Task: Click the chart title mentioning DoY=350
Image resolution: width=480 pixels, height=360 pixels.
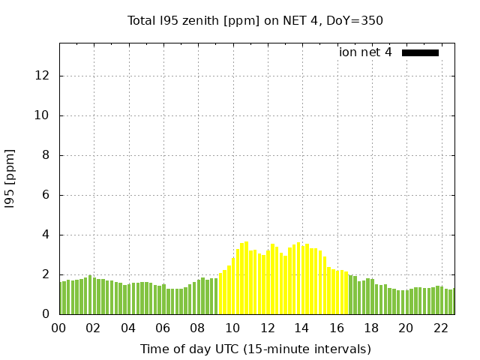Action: pyautogui.click(x=255, y=20)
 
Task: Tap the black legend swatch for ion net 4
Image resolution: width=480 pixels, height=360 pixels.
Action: pyautogui.click(x=420, y=52)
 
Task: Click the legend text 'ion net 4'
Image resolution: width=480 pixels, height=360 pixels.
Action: pyautogui.click(x=365, y=52)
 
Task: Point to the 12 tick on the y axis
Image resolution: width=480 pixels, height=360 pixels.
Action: pyautogui.click(x=43, y=76)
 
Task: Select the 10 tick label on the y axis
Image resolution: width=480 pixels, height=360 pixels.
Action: pyautogui.click(x=43, y=115)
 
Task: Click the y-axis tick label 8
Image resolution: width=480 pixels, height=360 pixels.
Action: pyautogui.click(x=46, y=155)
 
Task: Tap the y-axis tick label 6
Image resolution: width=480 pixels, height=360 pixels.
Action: pyautogui.click(x=46, y=195)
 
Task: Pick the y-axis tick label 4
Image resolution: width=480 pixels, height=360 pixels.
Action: pyautogui.click(x=46, y=235)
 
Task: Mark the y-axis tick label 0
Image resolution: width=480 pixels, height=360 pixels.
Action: pyautogui.click(x=46, y=314)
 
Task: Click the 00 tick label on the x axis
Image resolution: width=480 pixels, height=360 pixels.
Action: pyautogui.click(x=59, y=328)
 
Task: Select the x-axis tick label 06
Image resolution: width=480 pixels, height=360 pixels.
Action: pyautogui.click(x=163, y=328)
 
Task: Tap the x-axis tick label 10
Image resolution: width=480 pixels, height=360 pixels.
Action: pyautogui.click(x=232, y=328)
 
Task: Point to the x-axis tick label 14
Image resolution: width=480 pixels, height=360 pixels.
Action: pyautogui.click(x=301, y=328)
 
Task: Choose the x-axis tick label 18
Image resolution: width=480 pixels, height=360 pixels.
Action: pyautogui.click(x=370, y=328)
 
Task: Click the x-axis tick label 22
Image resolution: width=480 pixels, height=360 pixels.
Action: pyautogui.click(x=440, y=328)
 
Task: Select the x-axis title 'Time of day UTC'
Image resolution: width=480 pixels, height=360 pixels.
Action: pyautogui.click(x=255, y=349)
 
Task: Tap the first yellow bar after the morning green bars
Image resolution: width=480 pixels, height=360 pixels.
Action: pyautogui.click(x=220, y=293)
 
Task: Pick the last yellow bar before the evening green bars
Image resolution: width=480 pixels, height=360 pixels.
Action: pyautogui.click(x=346, y=293)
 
